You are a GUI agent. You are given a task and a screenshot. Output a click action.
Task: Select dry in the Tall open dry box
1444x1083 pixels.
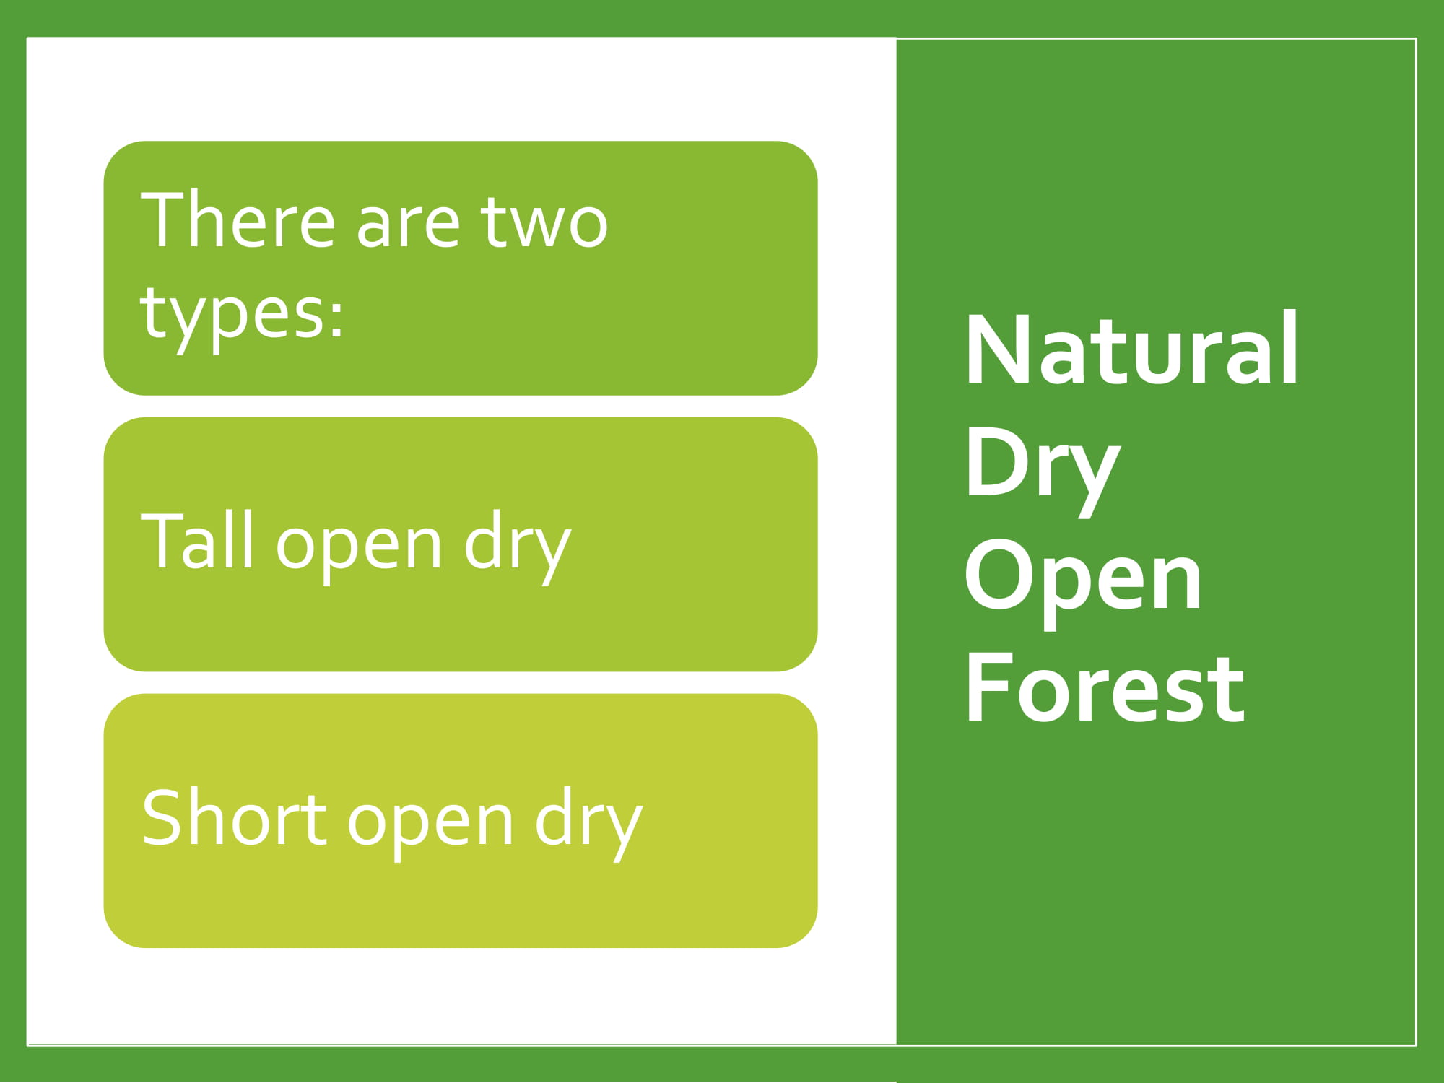click(518, 547)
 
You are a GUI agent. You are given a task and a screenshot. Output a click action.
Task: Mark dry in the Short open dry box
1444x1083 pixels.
click(588, 823)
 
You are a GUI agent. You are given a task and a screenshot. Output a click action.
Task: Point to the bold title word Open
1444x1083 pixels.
click(1083, 583)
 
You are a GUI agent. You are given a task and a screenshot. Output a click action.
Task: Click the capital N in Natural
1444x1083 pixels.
click(996, 349)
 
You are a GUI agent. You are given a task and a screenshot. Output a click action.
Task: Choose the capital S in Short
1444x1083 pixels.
click(160, 817)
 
